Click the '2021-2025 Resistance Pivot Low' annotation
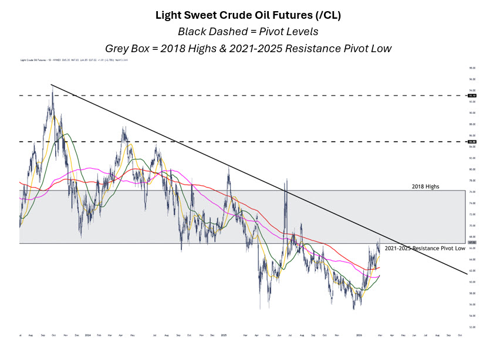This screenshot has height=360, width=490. [x=425, y=249]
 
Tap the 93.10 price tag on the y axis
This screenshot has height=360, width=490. [x=471, y=95]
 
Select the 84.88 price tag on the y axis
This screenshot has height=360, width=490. [x=471, y=141]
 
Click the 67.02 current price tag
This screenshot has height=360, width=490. [x=471, y=242]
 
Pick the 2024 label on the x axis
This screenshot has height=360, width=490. [x=87, y=335]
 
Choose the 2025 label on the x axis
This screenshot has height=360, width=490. [x=224, y=335]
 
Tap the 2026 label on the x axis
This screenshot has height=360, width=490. [x=359, y=335]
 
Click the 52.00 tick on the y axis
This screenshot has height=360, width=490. [x=471, y=327]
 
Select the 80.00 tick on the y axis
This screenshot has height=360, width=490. [x=471, y=169]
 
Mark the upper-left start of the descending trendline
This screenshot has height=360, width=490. [x=52, y=85]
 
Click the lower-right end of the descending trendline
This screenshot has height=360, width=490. [x=467, y=273]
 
